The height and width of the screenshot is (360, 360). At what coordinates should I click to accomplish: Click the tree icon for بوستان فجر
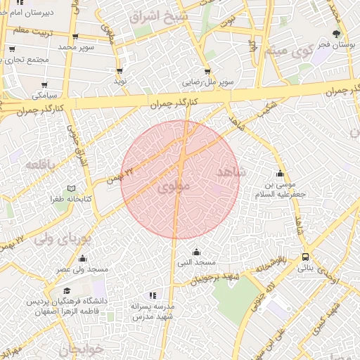(338, 33)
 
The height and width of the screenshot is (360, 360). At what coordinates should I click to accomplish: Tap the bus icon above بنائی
(305, 257)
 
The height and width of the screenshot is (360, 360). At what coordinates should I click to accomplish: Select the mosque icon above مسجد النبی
(195, 252)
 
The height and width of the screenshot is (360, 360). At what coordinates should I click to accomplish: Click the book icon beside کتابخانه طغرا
(70, 189)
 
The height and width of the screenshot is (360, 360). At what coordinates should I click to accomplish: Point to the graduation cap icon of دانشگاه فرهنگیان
(67, 290)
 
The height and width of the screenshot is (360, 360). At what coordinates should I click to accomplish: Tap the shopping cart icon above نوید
(120, 71)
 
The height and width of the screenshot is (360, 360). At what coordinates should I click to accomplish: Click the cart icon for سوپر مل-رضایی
(207, 71)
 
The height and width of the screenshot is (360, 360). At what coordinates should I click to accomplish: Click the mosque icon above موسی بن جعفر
(281, 174)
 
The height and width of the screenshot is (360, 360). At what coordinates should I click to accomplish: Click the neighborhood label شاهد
(229, 172)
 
